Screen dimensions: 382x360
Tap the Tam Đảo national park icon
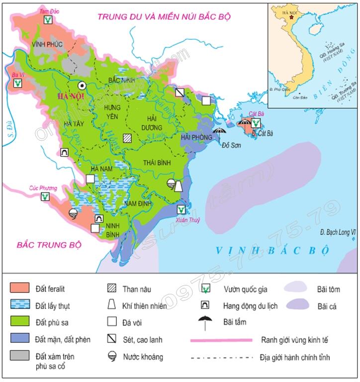(48, 20)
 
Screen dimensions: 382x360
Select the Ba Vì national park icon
(17, 84)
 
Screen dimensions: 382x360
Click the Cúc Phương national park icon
(45, 197)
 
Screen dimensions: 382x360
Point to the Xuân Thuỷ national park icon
(181, 210)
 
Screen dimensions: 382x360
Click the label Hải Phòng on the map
(196, 137)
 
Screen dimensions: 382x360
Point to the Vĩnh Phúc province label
(47, 44)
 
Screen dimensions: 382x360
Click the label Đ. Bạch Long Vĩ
(339, 232)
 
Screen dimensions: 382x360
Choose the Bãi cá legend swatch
(297, 306)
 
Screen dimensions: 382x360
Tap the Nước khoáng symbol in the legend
(112, 357)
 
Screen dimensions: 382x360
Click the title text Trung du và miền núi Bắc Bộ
(164, 17)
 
